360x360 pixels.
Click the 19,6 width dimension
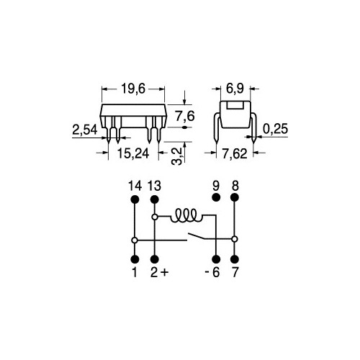[x=133, y=89]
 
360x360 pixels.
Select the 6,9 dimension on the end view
[x=235, y=89]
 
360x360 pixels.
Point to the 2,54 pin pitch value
[x=85, y=130]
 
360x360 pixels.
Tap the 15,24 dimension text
[x=133, y=153]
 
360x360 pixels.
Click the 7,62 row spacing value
[x=235, y=154]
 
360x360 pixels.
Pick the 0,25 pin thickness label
[x=275, y=129]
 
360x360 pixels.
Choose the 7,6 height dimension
[x=185, y=117]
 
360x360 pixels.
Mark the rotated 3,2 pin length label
[x=177, y=156]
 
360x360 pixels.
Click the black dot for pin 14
[x=135, y=199]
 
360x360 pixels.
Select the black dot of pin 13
[x=155, y=199]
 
